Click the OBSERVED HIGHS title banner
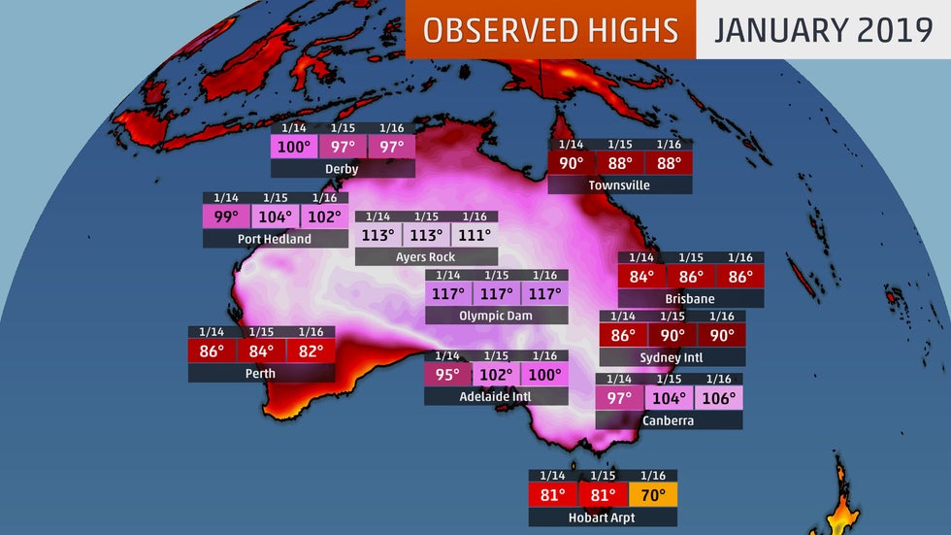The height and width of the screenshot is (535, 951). click(550, 29)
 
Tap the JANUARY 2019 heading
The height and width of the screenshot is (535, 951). click(823, 29)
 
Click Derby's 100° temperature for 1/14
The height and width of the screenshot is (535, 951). click(294, 148)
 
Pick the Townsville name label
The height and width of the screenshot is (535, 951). click(619, 184)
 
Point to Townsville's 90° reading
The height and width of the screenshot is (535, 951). click(572, 163)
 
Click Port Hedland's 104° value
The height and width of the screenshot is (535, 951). click(275, 217)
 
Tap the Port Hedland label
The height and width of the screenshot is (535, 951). click(275, 239)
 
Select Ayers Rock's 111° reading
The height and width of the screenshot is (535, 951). click(474, 236)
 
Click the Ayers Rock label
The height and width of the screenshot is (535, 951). click(426, 257)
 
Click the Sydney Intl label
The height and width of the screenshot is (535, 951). click(672, 357)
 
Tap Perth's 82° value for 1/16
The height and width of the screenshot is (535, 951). click(311, 351)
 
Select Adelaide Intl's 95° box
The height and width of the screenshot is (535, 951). click(447, 375)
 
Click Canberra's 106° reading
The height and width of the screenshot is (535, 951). click(718, 398)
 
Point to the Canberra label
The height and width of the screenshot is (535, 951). click(669, 420)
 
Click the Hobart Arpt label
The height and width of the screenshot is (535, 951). click(603, 518)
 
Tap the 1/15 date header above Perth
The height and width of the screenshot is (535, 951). click(261, 332)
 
